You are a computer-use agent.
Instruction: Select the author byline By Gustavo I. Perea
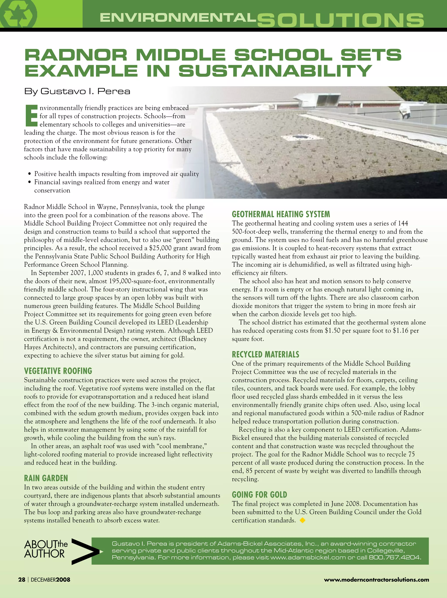coord(77,91)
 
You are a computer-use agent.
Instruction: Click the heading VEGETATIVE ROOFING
coord(58,371)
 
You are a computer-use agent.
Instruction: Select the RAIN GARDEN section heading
coord(46,478)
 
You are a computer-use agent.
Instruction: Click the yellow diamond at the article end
coord(303,520)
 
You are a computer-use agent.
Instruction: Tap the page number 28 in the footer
coord(22,580)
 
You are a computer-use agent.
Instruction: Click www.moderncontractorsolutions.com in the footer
coord(377,580)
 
